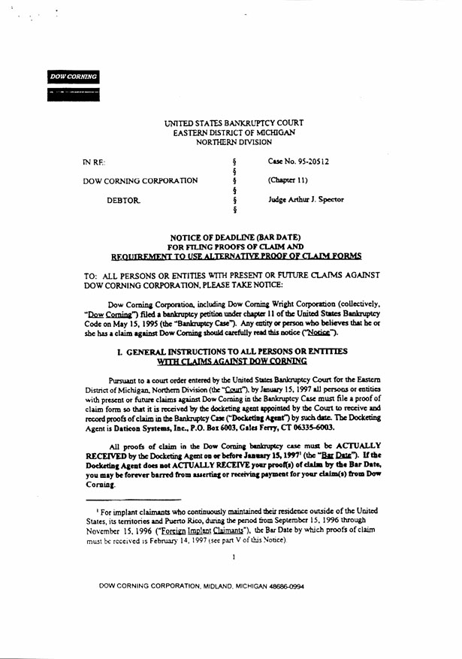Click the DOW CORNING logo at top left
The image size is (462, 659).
click(73, 77)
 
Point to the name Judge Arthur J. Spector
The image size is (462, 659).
click(306, 200)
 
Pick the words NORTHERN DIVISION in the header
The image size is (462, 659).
click(234, 141)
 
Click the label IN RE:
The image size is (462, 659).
click(94, 162)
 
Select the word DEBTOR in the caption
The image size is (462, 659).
click(124, 201)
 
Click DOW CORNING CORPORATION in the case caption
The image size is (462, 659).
click(140, 181)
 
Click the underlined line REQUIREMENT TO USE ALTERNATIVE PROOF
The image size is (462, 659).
click(235, 255)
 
